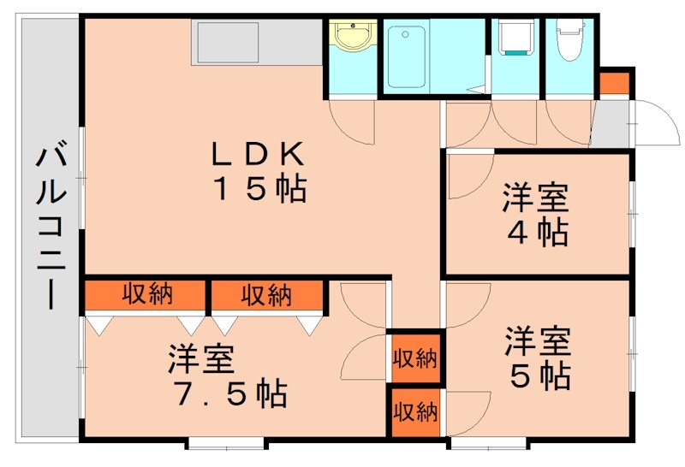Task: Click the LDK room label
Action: click(257, 154)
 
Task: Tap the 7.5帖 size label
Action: click(227, 394)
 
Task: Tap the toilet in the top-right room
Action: click(569, 38)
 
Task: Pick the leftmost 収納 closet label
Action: click(146, 295)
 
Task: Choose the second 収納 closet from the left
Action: click(266, 296)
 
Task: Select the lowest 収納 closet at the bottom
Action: click(415, 412)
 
